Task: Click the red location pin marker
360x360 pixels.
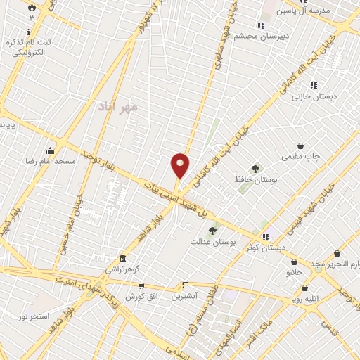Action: [180, 166]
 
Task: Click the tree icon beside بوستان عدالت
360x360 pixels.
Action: [212, 231]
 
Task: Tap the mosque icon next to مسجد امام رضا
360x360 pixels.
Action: [50, 150]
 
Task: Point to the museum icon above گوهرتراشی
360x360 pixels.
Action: [123, 258]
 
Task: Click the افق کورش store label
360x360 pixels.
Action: [139, 297]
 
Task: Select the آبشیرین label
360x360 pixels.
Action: [188, 296]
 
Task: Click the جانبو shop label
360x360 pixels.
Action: [293, 271]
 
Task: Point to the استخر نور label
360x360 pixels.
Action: [33, 316]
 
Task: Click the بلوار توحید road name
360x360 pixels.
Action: [96, 154]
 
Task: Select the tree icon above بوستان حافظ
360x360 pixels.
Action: [255, 168]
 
